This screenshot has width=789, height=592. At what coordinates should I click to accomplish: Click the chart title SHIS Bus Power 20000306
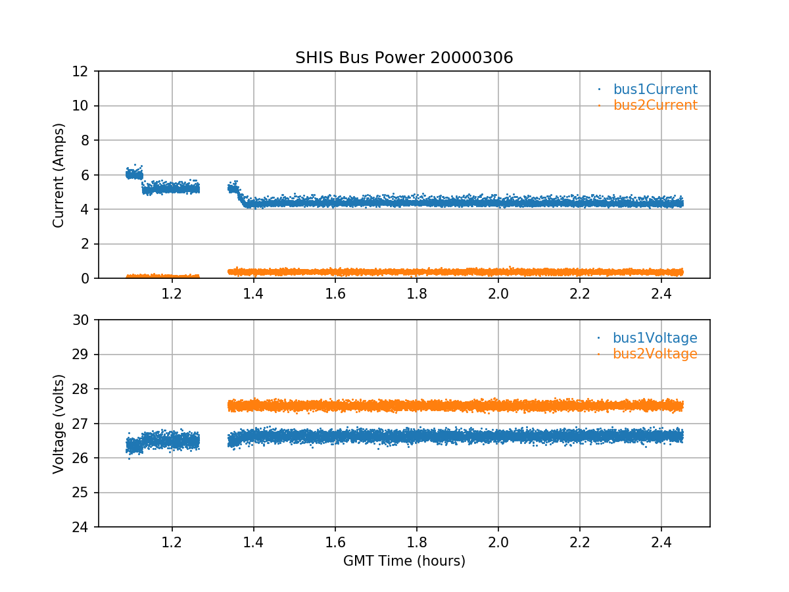[404, 58]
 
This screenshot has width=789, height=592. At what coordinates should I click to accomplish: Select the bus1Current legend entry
[655, 89]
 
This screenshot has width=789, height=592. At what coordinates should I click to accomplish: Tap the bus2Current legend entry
[655, 105]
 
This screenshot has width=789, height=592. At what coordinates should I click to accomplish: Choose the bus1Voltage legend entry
[655, 338]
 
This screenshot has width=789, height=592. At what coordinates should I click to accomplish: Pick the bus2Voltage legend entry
[655, 354]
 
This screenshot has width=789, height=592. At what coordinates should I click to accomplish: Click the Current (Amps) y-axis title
[59, 175]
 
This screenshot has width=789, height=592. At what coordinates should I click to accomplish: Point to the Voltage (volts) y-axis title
[59, 424]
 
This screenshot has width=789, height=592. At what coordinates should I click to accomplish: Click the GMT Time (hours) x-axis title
[404, 561]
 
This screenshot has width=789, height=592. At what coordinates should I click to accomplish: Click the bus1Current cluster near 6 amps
[134, 174]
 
